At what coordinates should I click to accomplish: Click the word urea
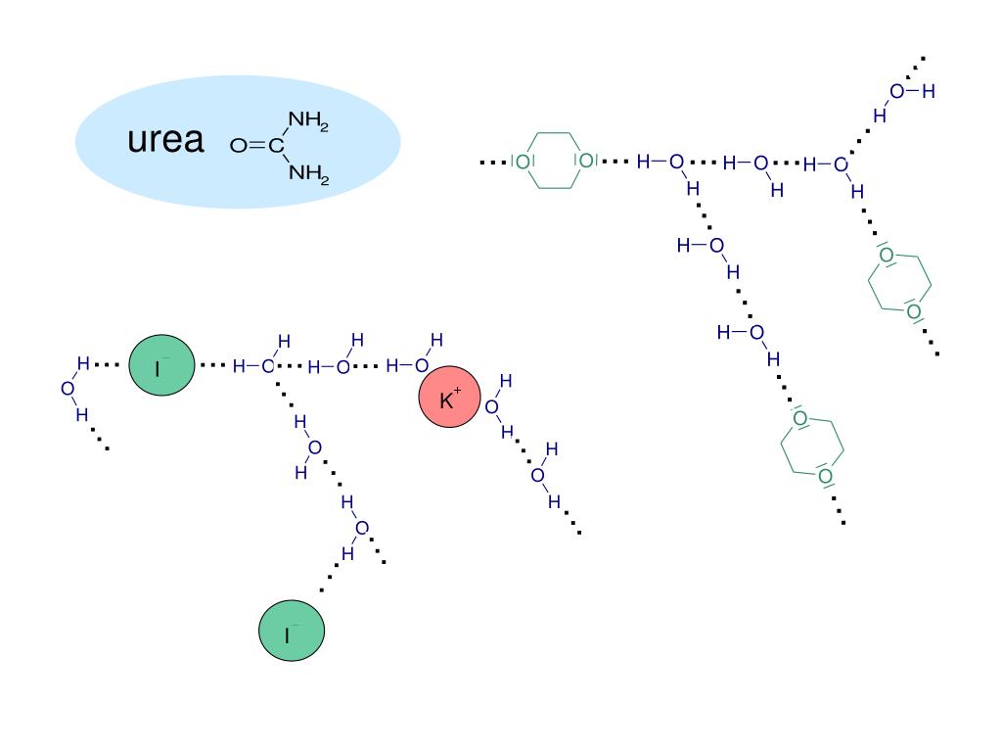pos(165,141)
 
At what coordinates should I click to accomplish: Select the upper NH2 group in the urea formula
pos(308,121)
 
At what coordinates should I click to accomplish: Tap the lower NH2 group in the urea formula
pos(308,173)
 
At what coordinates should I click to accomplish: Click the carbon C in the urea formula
pos(277,147)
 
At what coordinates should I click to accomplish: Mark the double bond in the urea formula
pos(255,147)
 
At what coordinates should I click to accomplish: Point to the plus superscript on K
pos(457,391)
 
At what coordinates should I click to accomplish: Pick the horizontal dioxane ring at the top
pos(554,160)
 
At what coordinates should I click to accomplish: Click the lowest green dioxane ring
pos(812,448)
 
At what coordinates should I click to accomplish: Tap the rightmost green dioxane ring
pos(899,284)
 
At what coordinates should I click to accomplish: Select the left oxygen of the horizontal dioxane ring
pos(523,161)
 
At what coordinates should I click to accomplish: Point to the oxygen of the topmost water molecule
pos(896,92)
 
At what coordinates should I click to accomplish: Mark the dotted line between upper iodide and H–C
pos(212,365)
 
